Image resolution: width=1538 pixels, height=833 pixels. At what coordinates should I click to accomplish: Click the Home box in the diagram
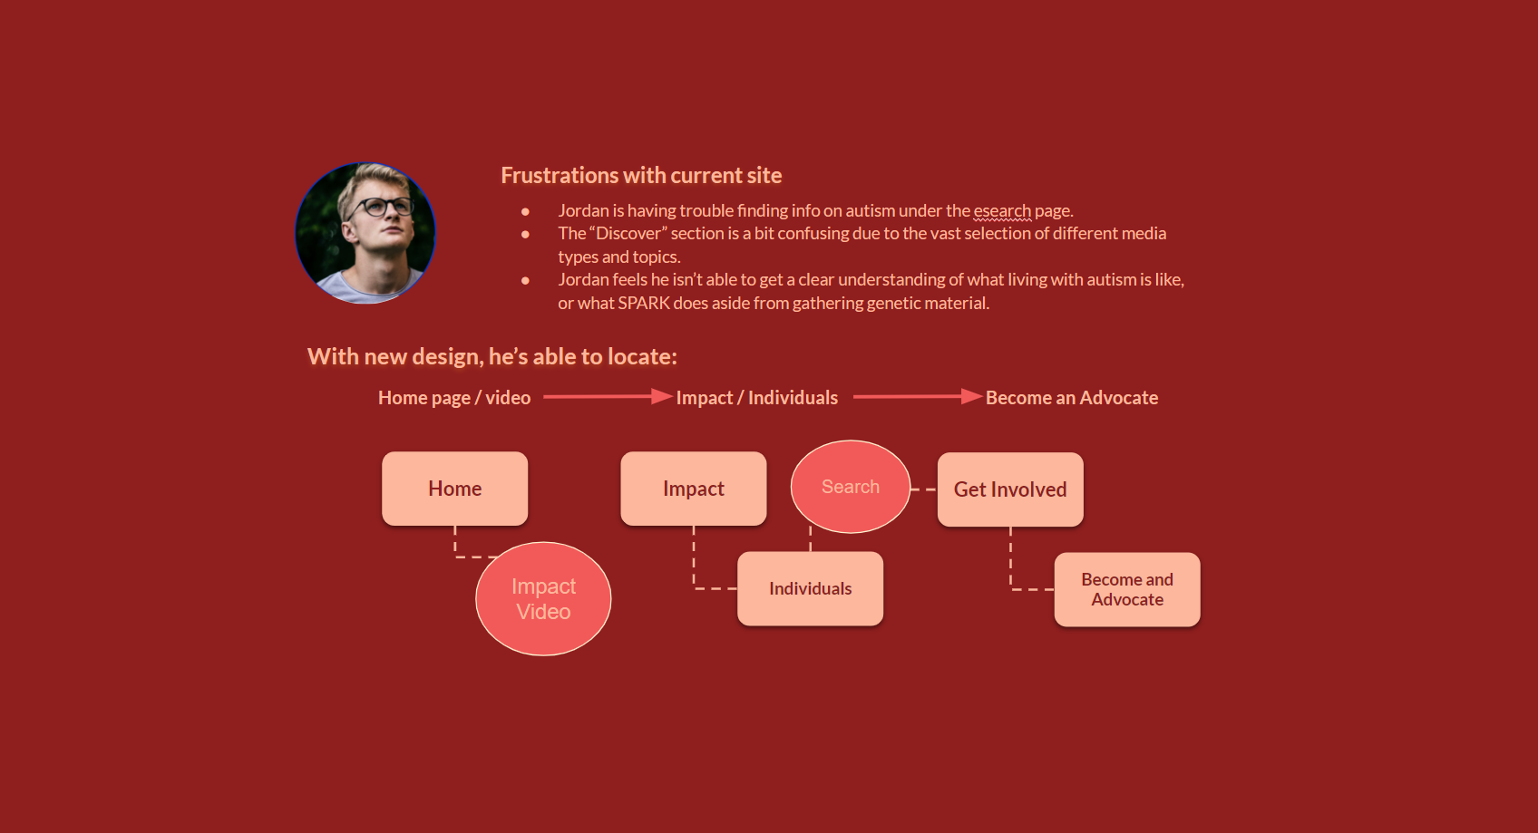click(x=454, y=489)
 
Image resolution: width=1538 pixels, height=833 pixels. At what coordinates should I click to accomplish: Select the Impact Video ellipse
click(x=543, y=599)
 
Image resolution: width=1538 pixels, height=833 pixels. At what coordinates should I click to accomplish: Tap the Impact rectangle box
click(x=694, y=489)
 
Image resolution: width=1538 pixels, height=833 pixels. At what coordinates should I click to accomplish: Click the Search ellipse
click(x=850, y=487)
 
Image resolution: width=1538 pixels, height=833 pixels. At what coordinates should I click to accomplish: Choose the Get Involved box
click(x=1010, y=489)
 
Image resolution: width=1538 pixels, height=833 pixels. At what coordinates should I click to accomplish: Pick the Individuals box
click(x=810, y=589)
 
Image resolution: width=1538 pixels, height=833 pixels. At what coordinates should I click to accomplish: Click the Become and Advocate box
click(x=1127, y=589)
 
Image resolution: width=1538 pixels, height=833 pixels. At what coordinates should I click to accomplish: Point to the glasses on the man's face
click(x=381, y=206)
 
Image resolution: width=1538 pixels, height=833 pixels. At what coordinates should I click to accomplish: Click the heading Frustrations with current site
click(x=641, y=176)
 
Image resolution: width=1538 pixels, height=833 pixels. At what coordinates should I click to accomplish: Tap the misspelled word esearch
click(x=1002, y=210)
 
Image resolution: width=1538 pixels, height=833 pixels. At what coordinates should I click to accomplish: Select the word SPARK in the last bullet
click(x=643, y=304)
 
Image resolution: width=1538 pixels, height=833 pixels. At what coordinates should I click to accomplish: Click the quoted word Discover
click(x=628, y=233)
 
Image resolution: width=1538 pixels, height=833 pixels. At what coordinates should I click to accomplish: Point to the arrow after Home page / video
click(x=608, y=397)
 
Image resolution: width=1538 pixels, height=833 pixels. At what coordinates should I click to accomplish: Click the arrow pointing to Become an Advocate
click(x=918, y=397)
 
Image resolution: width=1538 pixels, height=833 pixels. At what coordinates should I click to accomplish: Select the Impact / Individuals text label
click(x=756, y=398)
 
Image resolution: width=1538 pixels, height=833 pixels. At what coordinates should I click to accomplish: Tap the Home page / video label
click(x=454, y=398)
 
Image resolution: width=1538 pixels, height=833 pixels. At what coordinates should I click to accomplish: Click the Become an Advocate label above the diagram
click(x=1072, y=398)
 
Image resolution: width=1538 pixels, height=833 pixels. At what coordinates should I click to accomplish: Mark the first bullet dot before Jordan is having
click(x=525, y=211)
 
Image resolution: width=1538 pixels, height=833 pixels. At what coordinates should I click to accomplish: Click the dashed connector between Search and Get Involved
click(x=923, y=489)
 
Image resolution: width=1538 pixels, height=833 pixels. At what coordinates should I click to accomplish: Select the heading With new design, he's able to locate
click(x=492, y=357)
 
